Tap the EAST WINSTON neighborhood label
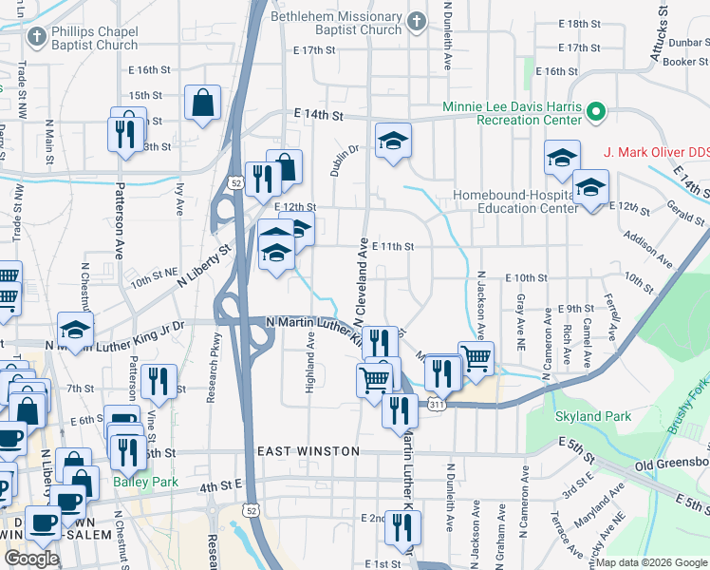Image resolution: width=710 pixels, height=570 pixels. coord(308,450)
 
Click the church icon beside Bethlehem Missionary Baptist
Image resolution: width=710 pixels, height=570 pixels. coord(415,21)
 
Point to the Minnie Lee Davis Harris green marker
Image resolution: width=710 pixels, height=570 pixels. coord(596,113)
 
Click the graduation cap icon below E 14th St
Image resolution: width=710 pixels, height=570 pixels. coord(393,141)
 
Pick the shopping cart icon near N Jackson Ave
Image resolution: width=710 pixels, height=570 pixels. coord(476,357)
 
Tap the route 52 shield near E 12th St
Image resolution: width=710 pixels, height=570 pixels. coord(234,181)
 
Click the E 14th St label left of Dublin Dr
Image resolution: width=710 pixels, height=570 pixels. coord(317,114)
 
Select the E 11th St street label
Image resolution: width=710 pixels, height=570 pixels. coord(393,246)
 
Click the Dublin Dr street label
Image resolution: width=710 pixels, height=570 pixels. coord(346,161)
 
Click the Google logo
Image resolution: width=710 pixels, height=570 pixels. coord(31,558)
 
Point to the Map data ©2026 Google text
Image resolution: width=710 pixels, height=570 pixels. coord(651,562)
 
